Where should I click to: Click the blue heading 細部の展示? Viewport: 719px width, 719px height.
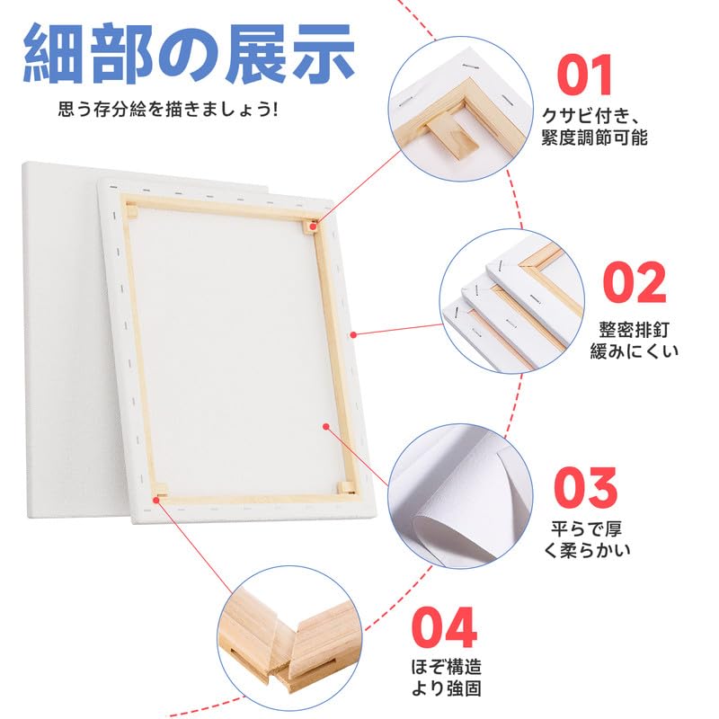189,55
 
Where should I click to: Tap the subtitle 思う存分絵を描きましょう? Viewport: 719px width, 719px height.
168,110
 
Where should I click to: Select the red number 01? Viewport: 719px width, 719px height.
585,75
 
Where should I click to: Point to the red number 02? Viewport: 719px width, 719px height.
635,282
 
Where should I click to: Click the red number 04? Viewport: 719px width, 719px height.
444,626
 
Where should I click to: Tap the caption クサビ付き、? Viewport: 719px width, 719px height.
590,116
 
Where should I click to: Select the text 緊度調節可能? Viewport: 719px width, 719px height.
595,138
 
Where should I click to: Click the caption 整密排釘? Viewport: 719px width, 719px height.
635,330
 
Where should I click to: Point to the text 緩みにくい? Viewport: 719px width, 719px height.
635,351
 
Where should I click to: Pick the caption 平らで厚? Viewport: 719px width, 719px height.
587,528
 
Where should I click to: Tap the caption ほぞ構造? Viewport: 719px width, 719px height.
446,667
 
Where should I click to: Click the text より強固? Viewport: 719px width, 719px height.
446,688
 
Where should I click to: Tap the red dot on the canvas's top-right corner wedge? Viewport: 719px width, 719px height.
314,226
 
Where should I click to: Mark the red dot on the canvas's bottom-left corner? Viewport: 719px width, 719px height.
156,499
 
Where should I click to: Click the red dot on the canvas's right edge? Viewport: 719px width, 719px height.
352,333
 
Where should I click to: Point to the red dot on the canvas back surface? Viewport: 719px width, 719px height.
326,426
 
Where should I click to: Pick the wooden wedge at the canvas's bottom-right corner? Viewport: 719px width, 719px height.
346,487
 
